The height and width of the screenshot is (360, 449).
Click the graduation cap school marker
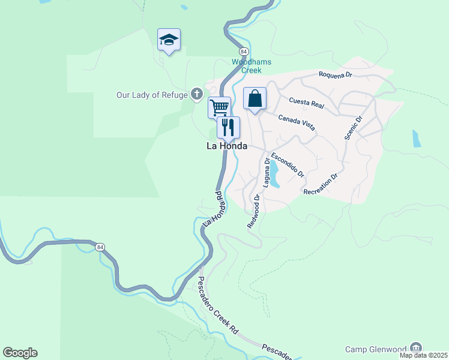tap(169, 40)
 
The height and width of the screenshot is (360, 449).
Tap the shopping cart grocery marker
tap(220, 108)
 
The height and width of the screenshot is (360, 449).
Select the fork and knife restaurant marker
tap(228, 127)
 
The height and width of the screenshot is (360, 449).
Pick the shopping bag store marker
tap(255, 98)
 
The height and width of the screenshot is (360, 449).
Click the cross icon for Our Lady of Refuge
tap(196, 94)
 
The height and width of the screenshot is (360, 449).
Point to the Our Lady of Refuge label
tap(152, 94)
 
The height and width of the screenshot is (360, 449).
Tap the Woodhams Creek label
tap(252, 66)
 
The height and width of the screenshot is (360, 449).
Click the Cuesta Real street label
tap(306, 103)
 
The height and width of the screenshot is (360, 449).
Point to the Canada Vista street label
tap(297, 122)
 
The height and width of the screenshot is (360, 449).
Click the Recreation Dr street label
tap(321, 185)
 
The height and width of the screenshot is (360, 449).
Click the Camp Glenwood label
tap(375, 350)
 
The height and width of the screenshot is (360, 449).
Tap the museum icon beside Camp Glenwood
tap(415, 349)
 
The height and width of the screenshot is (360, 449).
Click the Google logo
tap(20, 353)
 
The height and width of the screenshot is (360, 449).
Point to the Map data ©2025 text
tap(424, 355)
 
